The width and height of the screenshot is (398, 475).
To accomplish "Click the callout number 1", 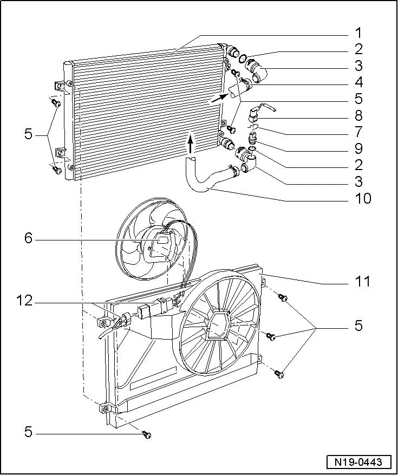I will coord(359,33).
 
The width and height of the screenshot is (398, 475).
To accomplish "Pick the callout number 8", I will coord(359,115).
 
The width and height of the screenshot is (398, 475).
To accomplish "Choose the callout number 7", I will coord(359,131).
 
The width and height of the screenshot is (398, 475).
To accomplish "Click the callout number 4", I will coord(359,82).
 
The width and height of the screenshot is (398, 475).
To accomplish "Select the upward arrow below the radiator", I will coord(191,145).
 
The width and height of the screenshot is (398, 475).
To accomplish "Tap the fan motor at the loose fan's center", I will coord(160,245).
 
